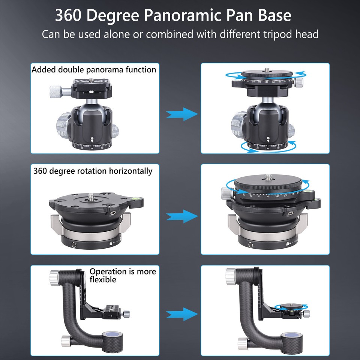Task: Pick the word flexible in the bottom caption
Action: click(x=103, y=280)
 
